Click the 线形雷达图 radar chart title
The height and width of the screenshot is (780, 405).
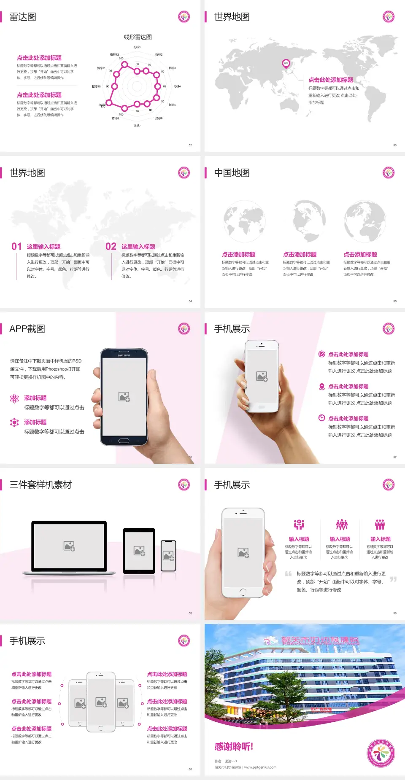138,37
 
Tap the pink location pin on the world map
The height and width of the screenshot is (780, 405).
286,64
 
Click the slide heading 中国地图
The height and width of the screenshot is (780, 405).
232,173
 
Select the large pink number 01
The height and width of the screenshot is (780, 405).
16,247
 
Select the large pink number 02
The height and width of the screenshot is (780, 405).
111,247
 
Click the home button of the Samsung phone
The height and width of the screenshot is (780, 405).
124,441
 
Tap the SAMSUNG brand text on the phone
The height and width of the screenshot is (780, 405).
124,355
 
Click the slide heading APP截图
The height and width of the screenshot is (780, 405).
27,329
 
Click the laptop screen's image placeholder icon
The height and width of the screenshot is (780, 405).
69,546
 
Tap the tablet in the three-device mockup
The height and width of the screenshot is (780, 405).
139,550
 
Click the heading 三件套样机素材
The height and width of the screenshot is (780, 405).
40,485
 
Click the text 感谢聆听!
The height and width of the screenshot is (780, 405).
234,747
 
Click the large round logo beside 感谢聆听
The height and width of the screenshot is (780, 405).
381,753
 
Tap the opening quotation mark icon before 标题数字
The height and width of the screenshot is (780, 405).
288,574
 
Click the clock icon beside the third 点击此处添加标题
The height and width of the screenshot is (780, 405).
321,418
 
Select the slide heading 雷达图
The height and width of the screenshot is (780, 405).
23,17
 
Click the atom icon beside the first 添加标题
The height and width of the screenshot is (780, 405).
14,398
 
